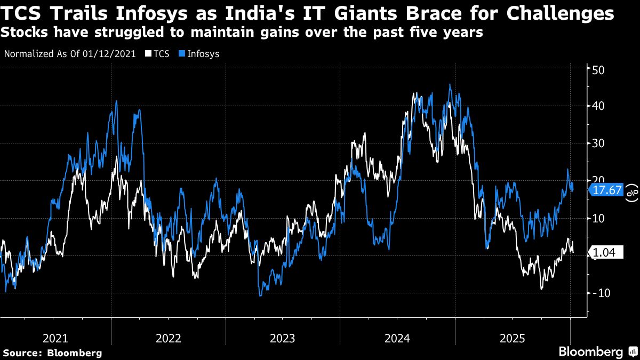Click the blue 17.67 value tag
coord(607,190)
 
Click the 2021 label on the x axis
coord(55,338)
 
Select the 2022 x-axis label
coord(169,338)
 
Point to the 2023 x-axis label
coord(283,338)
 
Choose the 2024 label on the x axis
coord(396,338)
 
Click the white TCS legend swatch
coord(149,54)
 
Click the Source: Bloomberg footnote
coord(52,353)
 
